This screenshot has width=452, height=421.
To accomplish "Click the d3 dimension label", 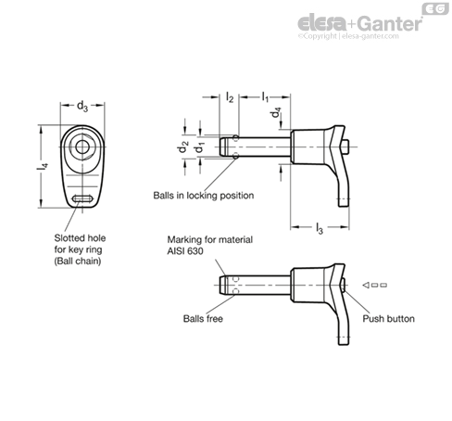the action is click(x=82, y=107).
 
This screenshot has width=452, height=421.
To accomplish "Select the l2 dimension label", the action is click(x=230, y=97).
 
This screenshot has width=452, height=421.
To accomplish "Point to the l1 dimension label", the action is click(x=265, y=96).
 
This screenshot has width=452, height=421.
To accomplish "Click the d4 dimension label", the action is click(x=276, y=112).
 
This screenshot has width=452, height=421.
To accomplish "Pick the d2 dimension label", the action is click(x=182, y=147).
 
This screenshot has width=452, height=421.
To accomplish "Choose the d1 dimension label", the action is click(x=199, y=147).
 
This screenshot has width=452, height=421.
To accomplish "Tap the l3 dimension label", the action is click(x=320, y=228).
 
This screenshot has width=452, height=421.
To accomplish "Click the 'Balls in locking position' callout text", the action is click(x=204, y=196).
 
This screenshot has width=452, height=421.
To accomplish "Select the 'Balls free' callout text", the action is click(x=203, y=318).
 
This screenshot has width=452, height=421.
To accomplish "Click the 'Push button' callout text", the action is click(x=388, y=319).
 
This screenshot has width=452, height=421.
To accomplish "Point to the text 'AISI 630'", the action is click(x=185, y=251).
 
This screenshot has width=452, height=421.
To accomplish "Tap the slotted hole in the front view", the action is click(x=82, y=198).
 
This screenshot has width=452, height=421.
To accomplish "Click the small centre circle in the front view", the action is click(x=82, y=147).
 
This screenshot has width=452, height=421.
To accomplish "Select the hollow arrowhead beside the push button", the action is click(x=366, y=285).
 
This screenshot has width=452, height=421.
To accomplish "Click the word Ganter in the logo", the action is click(x=390, y=23).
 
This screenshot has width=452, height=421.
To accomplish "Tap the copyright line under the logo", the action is click(x=348, y=36).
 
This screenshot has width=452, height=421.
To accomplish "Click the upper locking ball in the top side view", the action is click(x=236, y=138).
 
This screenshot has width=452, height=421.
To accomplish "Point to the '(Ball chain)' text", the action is click(x=78, y=262).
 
